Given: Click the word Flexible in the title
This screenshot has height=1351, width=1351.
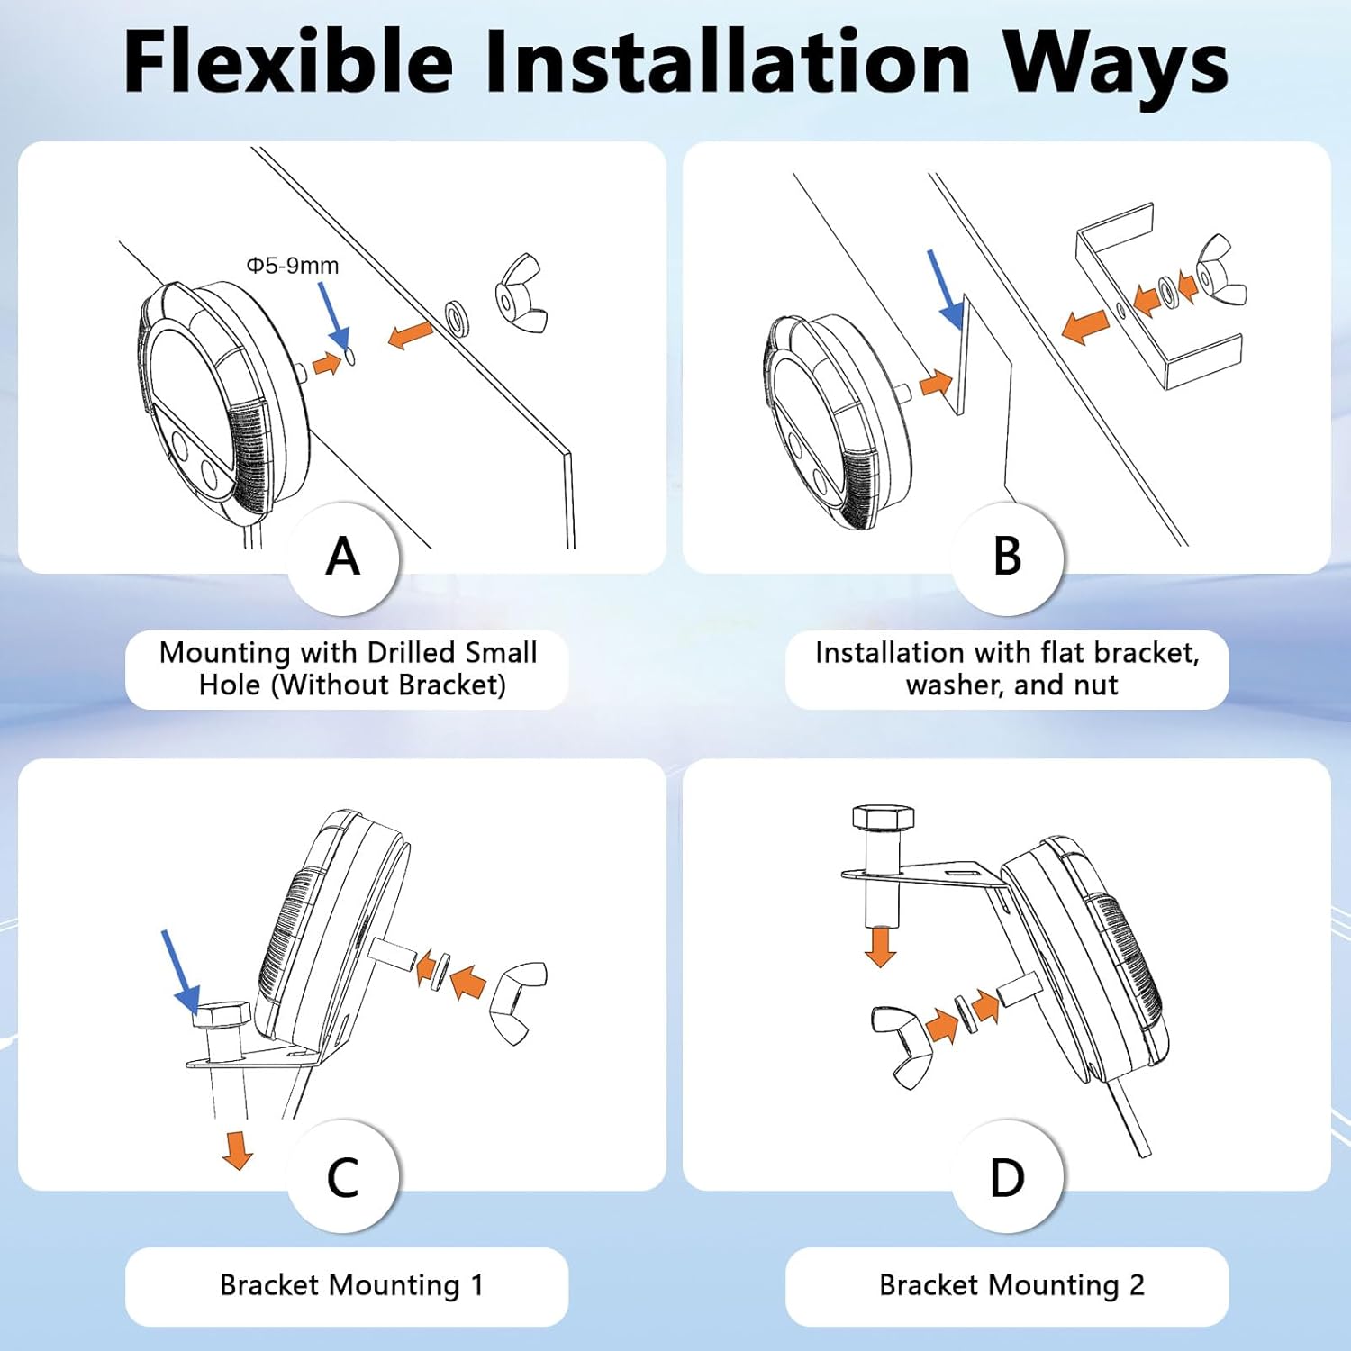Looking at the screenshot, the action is pyautogui.click(x=288, y=61).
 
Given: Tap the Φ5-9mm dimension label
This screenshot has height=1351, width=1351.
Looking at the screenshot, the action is pyautogui.click(x=293, y=266).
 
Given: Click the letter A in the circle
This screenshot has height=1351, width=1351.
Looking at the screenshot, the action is pyautogui.click(x=343, y=557).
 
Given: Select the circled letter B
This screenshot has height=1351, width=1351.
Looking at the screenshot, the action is pyautogui.click(x=1007, y=557).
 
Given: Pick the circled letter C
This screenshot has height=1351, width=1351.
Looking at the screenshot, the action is pyautogui.click(x=343, y=1177).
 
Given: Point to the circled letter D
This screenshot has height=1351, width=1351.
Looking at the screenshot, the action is pyautogui.click(x=1007, y=1177).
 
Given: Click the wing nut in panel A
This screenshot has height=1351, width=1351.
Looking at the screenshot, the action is pyautogui.click(x=521, y=293).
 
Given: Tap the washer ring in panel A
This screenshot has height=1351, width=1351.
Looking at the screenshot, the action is pyautogui.click(x=458, y=317).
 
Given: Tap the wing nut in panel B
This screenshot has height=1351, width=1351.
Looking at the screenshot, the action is pyautogui.click(x=1221, y=268).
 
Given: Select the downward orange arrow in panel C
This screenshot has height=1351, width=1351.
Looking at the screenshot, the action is pyautogui.click(x=238, y=1150).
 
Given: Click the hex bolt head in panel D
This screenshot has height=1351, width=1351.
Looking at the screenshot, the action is pyautogui.click(x=884, y=818).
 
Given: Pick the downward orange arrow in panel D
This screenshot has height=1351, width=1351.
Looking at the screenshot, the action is pyautogui.click(x=880, y=947).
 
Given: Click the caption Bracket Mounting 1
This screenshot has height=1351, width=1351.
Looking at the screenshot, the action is pyautogui.click(x=351, y=1285).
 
